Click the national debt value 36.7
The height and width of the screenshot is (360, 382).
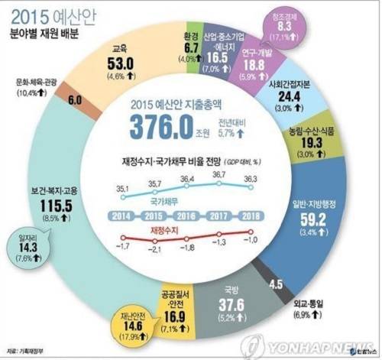(x=219, y=174)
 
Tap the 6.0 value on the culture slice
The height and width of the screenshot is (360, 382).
(x=75, y=100)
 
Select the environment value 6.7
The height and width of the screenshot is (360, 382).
(x=193, y=47)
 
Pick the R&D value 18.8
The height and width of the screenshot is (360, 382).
(x=267, y=66)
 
